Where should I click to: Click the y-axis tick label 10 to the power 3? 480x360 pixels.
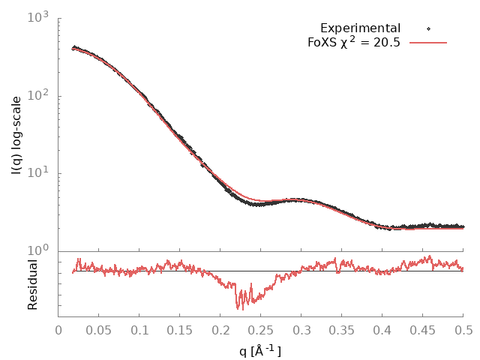coord(39,16)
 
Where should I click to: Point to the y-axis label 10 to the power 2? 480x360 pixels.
coord(39,94)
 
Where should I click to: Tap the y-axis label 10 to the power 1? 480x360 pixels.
coord(39,172)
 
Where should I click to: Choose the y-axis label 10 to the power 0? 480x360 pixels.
coord(39,250)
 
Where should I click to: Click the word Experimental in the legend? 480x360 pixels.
coord(360,28)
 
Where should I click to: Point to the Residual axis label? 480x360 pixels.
coord(33,285)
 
